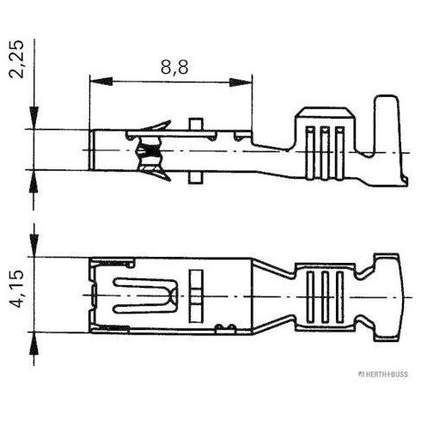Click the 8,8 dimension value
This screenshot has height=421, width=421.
(174, 67)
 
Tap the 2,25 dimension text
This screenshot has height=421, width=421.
(16, 59)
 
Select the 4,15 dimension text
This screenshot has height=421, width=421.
(16, 289)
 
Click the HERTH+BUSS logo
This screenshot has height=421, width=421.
(383, 374)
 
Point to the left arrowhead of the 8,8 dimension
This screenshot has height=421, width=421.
(101, 82)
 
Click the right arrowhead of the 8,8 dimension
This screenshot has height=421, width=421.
(241, 82)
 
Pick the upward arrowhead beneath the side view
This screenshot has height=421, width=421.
(34, 181)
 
